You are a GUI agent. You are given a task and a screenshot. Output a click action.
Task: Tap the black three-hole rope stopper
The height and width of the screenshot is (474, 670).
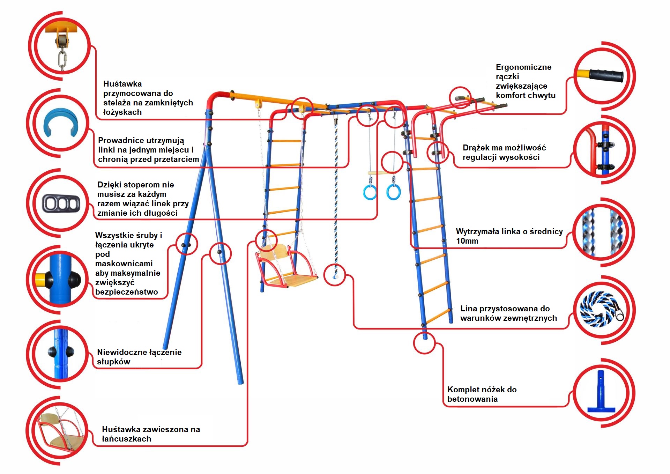click(x=61, y=203)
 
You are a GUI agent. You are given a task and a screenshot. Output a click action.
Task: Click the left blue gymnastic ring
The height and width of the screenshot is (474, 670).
click(x=370, y=192)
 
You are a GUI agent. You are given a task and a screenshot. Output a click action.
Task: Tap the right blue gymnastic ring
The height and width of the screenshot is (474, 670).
click(x=393, y=192)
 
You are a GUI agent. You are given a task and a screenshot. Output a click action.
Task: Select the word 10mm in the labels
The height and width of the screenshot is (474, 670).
click(x=467, y=241)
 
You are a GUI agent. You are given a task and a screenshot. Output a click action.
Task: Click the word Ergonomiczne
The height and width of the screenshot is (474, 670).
click(x=523, y=67)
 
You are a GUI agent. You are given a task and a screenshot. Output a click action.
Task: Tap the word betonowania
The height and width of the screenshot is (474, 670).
click(x=472, y=399)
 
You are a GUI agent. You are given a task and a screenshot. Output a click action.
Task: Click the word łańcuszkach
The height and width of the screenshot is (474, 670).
click(x=126, y=439)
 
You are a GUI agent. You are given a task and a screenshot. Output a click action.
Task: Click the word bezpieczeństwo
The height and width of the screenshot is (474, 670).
click(x=127, y=292)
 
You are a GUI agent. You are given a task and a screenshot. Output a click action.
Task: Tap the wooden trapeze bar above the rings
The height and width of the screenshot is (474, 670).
click(x=381, y=173)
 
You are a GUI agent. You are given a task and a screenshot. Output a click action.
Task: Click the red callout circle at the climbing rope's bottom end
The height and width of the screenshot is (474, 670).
click(x=335, y=275)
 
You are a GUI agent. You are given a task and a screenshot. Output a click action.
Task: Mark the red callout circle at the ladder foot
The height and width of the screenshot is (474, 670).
click(x=424, y=343)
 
